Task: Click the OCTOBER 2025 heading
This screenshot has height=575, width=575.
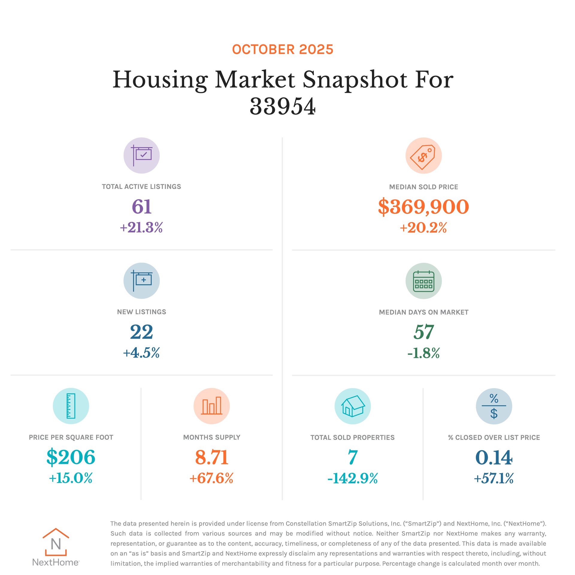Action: (x=282, y=49)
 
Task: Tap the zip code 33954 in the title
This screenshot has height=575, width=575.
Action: (x=282, y=106)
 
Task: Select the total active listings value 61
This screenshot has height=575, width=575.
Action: (x=142, y=206)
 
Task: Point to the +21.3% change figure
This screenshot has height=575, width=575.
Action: (x=141, y=227)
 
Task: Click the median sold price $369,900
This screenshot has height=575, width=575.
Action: (x=423, y=207)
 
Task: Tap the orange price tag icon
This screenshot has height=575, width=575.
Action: (x=423, y=155)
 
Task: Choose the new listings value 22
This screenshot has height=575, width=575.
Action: (x=142, y=332)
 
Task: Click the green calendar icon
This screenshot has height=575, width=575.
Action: (x=423, y=281)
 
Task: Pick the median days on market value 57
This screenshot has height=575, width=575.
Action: (x=423, y=332)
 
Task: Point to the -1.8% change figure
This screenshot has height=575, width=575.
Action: (x=423, y=353)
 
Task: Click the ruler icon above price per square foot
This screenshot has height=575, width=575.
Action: (x=71, y=406)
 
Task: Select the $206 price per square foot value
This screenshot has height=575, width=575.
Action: (x=71, y=457)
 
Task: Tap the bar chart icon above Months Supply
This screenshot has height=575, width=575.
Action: (x=212, y=406)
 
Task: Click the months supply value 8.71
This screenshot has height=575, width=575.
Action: (x=212, y=457)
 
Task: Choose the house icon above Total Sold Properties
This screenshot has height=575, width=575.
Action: (x=352, y=406)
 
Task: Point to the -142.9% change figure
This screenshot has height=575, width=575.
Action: (x=352, y=478)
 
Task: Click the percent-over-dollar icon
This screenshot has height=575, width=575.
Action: (x=494, y=406)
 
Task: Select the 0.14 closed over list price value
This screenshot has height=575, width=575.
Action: (x=494, y=457)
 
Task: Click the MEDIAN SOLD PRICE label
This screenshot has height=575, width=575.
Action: (x=423, y=187)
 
